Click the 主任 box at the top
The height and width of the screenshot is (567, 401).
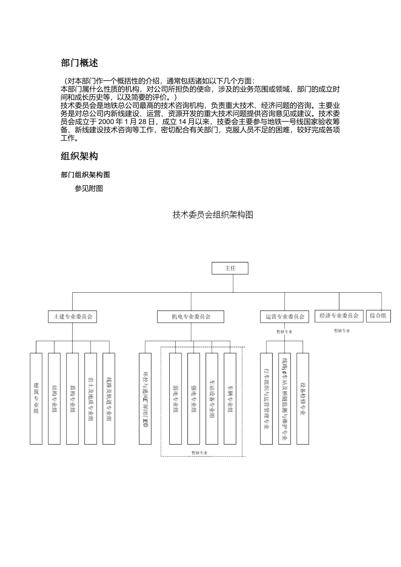click(230, 268)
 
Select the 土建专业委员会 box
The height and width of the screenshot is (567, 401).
click(72, 316)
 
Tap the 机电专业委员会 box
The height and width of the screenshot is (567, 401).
click(191, 316)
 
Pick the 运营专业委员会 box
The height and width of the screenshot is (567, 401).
click(285, 316)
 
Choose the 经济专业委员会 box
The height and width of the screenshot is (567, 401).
click(339, 316)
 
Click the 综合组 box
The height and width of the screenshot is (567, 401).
click(378, 316)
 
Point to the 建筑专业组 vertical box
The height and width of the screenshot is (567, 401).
click(36, 398)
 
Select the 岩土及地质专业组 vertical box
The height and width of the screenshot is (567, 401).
click(91, 398)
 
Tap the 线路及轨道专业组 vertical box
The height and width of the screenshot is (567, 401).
click(109, 398)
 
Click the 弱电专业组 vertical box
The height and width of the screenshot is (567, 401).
click(176, 398)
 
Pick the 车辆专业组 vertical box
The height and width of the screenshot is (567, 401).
click(230, 398)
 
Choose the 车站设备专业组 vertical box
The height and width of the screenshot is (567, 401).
click(212, 398)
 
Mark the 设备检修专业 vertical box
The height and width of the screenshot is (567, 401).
click(303, 398)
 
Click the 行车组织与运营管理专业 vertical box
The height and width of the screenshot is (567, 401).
click(266, 398)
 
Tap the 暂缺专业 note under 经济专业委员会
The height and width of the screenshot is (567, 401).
click(341, 331)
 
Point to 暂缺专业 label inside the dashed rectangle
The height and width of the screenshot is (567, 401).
click(199, 453)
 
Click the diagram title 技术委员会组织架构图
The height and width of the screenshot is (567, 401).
click(213, 215)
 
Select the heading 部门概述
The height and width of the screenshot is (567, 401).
click(79, 63)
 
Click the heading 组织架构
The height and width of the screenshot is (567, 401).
click(79, 157)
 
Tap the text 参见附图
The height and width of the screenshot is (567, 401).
click(89, 189)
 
